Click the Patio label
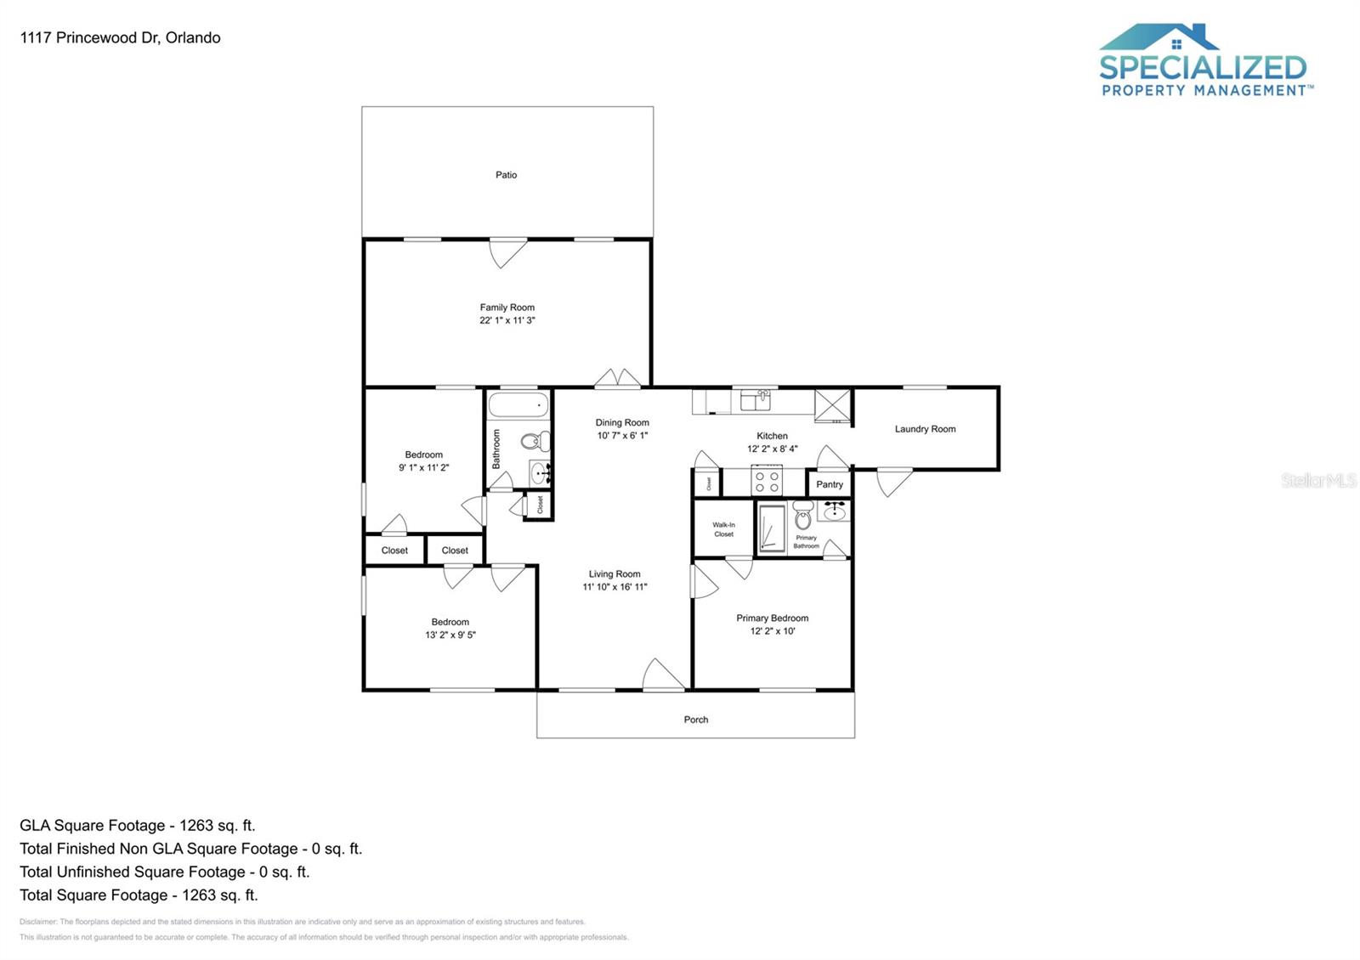[x=506, y=175]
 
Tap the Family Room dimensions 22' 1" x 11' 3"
[x=507, y=320]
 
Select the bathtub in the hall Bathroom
[x=518, y=404]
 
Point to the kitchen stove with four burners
[x=767, y=482]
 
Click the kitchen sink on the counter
[x=755, y=400]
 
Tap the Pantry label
[x=830, y=484]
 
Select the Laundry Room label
[x=925, y=429]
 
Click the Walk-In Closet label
[x=723, y=529]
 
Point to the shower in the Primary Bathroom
[x=772, y=528]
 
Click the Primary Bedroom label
[x=772, y=618]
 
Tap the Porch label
[x=695, y=720]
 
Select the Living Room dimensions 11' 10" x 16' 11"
[x=615, y=587]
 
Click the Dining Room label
[x=622, y=422]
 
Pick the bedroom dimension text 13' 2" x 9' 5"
[x=450, y=635]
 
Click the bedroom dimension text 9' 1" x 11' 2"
[x=423, y=467]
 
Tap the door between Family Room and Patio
[x=507, y=251]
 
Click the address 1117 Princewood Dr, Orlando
[x=120, y=37]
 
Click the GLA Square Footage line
[x=138, y=825]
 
